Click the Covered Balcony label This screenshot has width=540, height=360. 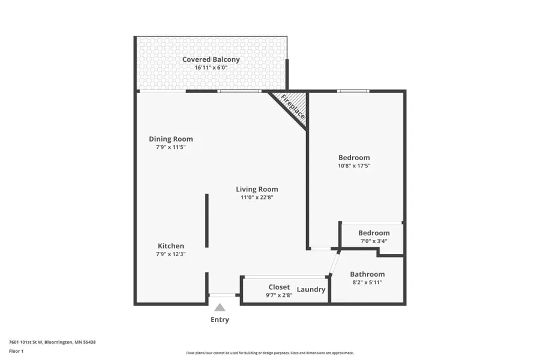pyautogui.click(x=211, y=59)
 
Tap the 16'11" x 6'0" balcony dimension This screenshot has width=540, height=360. pyautogui.click(x=211, y=68)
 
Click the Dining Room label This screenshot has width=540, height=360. pyautogui.click(x=171, y=139)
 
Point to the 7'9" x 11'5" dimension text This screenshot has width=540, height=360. pyautogui.click(x=171, y=147)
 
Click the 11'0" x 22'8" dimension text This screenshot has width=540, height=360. pyautogui.click(x=257, y=197)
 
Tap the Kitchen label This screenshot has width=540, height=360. pyautogui.click(x=171, y=246)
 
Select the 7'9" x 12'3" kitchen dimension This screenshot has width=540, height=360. pyautogui.click(x=171, y=254)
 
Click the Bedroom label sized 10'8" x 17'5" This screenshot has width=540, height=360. pyautogui.click(x=354, y=157)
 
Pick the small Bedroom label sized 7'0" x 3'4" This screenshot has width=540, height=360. pyautogui.click(x=374, y=233)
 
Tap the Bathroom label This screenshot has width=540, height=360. pyautogui.click(x=367, y=274)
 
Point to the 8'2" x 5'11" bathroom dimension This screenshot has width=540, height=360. pyautogui.click(x=367, y=283)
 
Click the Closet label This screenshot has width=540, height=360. pyautogui.click(x=279, y=287)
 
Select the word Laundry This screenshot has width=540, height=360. pyautogui.click(x=311, y=289)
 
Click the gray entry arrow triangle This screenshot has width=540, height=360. pyautogui.click(x=220, y=308)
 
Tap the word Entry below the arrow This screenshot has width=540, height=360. pyautogui.click(x=220, y=320)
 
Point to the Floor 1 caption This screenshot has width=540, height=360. pyautogui.click(x=16, y=351)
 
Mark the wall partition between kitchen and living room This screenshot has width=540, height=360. pyautogui.click(x=207, y=220)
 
